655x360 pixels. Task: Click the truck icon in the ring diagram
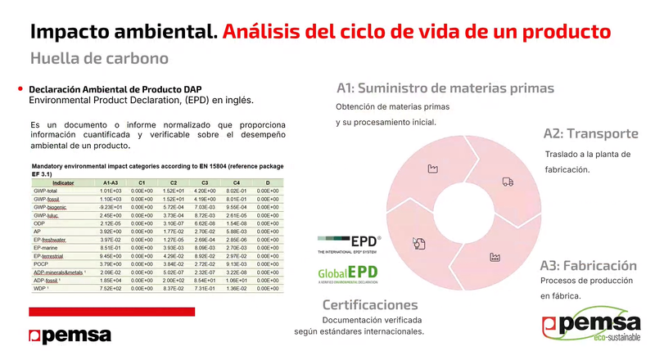508,182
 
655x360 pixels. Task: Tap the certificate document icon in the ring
419,241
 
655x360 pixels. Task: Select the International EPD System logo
350,243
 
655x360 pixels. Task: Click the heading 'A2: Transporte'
591,134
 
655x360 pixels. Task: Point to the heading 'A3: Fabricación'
588,266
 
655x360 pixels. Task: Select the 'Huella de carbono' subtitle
99,58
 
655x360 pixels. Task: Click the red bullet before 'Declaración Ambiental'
20,88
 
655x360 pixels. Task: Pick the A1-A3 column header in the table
111,182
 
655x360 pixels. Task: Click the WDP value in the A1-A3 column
111,289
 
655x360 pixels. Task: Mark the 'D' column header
267,182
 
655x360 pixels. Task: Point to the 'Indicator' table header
62,182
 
